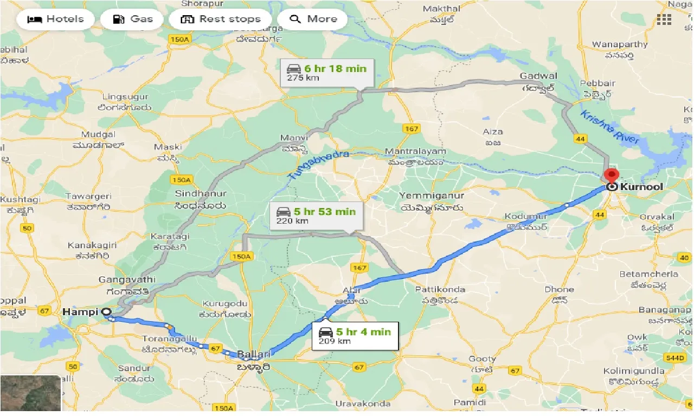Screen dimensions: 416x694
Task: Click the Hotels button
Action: (x=55, y=19)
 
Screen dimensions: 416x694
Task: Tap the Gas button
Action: (x=133, y=19)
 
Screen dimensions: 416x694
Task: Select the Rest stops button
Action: (x=220, y=19)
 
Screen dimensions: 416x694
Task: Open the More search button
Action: (x=314, y=19)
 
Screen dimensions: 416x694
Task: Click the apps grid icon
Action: (x=664, y=20)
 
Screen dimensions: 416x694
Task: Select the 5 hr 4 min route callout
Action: (x=355, y=336)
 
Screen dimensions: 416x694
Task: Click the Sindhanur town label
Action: (x=196, y=193)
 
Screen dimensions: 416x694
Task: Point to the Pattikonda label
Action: (x=436, y=290)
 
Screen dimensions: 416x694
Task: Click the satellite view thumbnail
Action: (x=30, y=393)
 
